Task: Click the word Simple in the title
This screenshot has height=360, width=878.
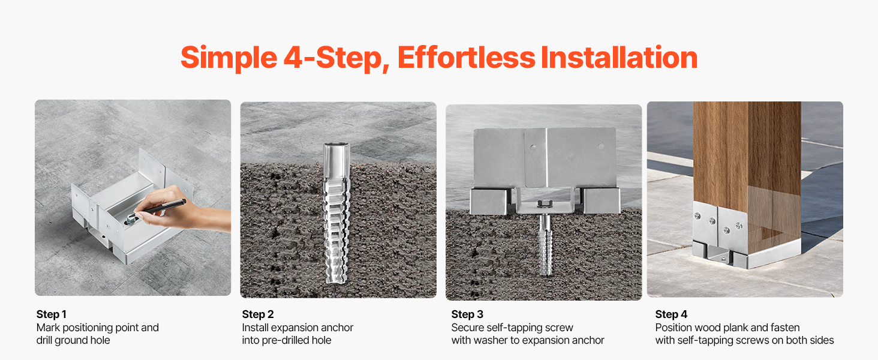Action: click(229, 58)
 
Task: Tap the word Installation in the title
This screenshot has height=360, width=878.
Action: click(620, 57)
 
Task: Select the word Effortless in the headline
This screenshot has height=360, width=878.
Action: click(467, 57)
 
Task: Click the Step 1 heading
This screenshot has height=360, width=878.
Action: click(52, 314)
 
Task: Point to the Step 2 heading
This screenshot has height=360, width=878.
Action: click(258, 314)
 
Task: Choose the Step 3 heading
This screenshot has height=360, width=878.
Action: click(467, 314)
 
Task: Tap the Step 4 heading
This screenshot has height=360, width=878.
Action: click(671, 314)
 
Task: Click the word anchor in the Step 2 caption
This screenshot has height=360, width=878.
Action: click(337, 328)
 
